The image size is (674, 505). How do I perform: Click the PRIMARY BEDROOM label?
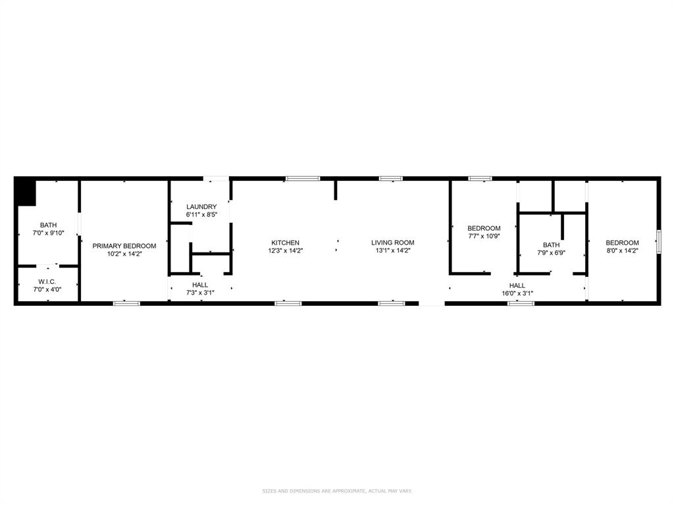point(124,246)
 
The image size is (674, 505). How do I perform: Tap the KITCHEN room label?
point(285,243)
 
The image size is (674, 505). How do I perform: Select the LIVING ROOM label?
point(392,243)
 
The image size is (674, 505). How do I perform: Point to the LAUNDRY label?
point(201,206)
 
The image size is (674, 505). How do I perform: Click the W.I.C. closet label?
point(47,281)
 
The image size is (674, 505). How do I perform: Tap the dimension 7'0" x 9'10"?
point(48,233)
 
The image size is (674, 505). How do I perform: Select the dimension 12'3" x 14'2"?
point(285,251)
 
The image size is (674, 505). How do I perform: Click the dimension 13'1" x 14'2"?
point(392,251)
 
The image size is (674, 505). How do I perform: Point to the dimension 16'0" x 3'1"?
point(517,293)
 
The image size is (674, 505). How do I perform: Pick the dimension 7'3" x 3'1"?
point(200,293)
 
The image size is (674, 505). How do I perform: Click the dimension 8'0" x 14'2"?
point(622,251)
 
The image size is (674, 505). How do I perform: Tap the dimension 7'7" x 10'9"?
point(484,236)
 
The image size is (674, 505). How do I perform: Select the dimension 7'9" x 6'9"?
point(551,252)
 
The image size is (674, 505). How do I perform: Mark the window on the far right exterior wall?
point(658,241)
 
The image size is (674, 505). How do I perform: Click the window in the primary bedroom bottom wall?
point(127,303)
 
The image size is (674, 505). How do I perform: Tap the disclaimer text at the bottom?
point(337,491)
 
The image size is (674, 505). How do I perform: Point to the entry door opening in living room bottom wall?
point(432,303)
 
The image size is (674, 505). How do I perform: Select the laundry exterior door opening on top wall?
point(216,178)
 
